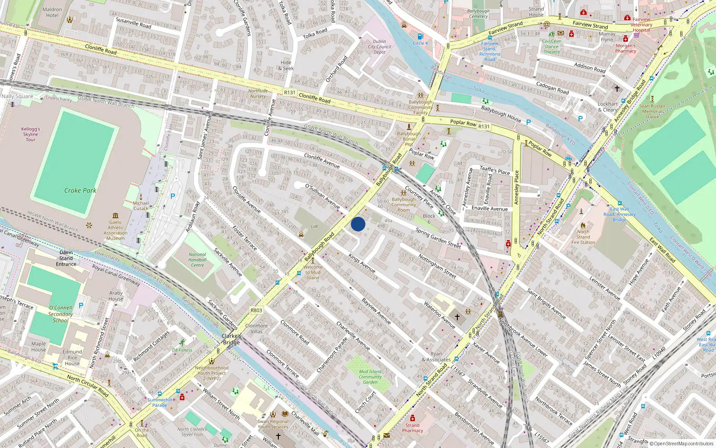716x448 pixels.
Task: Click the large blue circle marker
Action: coord(358,224)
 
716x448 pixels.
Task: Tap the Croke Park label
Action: coord(80,190)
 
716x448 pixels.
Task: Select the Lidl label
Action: coord(315,227)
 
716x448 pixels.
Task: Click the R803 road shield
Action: coord(256,310)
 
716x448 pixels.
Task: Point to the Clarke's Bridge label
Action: coord(231,339)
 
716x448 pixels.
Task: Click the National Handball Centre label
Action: coord(197,260)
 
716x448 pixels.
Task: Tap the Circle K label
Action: coord(420,43)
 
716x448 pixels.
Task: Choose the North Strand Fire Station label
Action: coord(583,237)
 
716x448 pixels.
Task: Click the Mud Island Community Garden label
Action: coord(370,377)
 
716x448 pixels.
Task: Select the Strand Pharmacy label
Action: coord(412,428)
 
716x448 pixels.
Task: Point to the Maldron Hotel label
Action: coord(52,12)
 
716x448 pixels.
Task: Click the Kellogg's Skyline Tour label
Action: coord(30,134)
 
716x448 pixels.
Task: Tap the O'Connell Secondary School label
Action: coord(60,314)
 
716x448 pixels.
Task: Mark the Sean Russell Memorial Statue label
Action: coord(652,112)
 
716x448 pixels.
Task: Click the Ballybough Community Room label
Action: coord(404,205)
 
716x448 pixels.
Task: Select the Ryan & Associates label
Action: coord(436,357)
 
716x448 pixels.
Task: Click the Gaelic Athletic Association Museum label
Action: coord(115,230)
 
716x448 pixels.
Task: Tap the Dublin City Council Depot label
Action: coord(379,47)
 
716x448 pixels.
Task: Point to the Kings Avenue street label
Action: coord(362,263)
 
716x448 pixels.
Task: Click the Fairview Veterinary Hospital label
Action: coord(641,25)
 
